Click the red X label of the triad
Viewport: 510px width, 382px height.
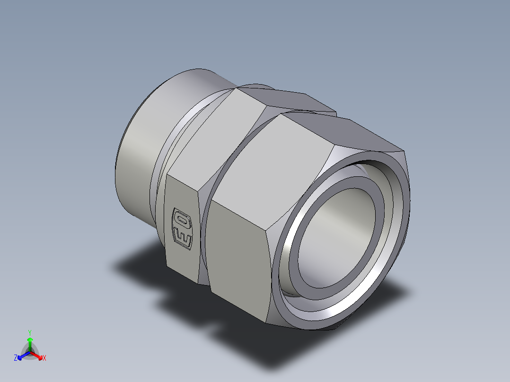[x=44, y=358]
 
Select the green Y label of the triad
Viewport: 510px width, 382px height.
[x=29, y=332]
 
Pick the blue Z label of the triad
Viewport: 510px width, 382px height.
[x=16, y=358]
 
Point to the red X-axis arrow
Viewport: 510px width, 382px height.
[x=38, y=355]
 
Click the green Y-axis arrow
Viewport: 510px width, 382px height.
[x=29, y=342]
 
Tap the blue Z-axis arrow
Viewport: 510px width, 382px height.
[x=22, y=355]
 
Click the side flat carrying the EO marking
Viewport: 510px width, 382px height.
[x=182, y=227]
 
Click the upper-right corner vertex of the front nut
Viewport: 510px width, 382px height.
[x=405, y=152]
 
